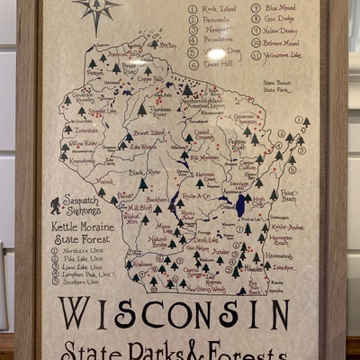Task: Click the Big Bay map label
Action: [x=167, y=44]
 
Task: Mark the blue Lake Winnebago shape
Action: [x=241, y=205]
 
